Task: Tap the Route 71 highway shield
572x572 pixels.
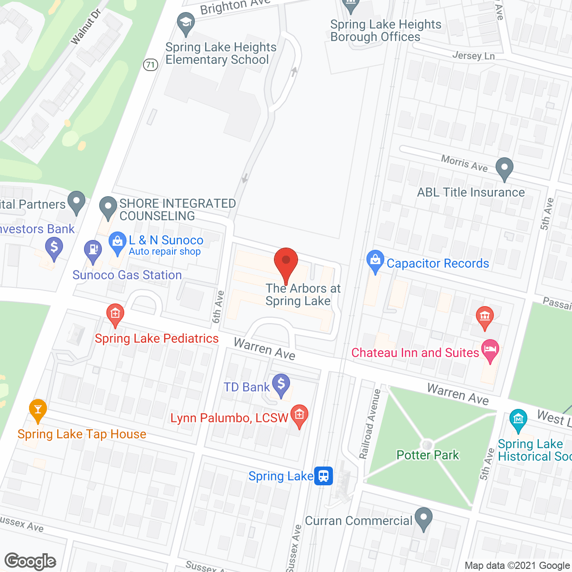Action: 151,65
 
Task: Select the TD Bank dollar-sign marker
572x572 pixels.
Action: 281,384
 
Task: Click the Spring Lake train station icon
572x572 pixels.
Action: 324,476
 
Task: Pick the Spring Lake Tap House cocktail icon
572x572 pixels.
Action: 38,409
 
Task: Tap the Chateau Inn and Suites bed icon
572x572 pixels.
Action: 490,350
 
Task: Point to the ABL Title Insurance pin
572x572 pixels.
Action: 505,168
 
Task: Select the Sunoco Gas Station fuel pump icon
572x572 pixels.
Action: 93,251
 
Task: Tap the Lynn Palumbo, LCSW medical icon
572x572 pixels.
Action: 299,416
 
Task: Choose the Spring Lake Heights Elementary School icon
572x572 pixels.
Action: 185,23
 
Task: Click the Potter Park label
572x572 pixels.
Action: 428,455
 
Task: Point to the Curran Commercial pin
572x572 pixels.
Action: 423,518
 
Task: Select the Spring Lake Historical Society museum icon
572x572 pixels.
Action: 518,420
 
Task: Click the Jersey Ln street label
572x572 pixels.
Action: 473,56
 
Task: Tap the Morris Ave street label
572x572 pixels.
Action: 464,163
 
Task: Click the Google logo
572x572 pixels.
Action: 30,561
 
